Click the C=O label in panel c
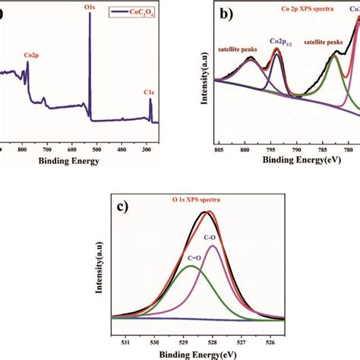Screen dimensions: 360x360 point(175,259)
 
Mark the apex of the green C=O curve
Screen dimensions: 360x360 point(191,266)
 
